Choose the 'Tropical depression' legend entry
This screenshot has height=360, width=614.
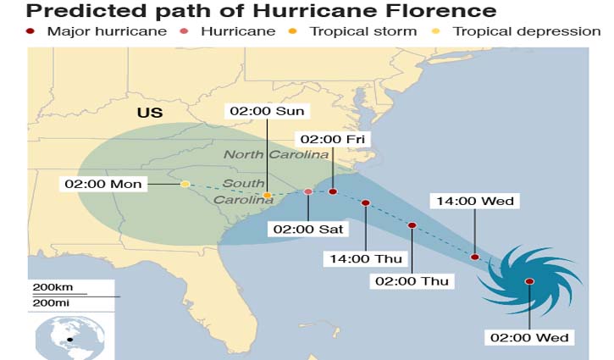pos(517,31)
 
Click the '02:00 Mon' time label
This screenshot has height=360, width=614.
pos(104,184)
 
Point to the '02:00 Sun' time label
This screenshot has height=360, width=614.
pos(268,111)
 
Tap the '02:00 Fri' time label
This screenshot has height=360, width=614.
pos(332,139)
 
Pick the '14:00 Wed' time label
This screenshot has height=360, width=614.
pos(474,201)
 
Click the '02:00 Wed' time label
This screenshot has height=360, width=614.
pos(529,337)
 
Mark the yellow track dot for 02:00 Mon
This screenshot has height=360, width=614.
pos(185,184)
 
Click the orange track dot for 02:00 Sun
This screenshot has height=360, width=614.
pos(268,196)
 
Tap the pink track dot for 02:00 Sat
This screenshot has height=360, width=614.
pos(308,192)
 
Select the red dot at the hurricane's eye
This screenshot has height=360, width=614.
pos(529,281)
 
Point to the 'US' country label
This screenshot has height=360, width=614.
pos(151,113)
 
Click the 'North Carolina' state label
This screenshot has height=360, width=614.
pos(276,154)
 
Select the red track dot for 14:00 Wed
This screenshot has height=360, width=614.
pos(475,257)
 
